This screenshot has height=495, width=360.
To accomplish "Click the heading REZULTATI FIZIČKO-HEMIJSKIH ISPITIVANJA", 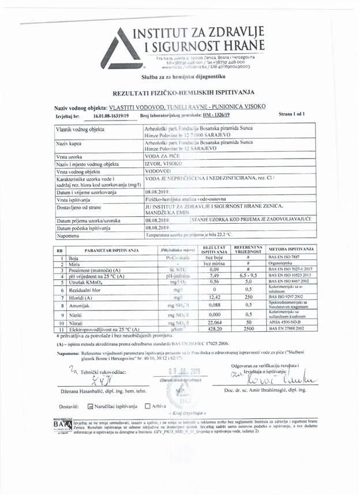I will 179,92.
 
